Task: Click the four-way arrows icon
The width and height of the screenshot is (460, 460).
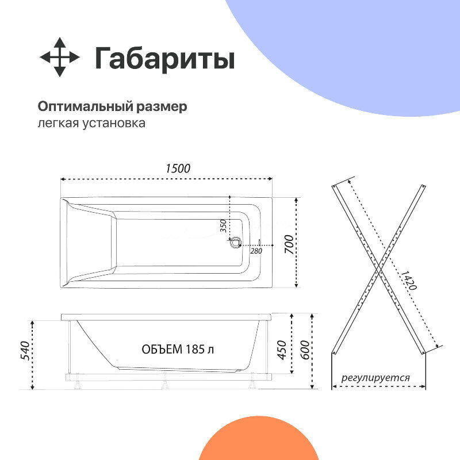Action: (x=59, y=57)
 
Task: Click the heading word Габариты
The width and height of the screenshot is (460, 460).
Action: (x=164, y=58)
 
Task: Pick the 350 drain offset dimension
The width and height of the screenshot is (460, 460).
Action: (x=224, y=225)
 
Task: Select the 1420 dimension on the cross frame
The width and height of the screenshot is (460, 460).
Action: (x=409, y=279)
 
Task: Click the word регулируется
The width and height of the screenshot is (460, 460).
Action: (x=375, y=378)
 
